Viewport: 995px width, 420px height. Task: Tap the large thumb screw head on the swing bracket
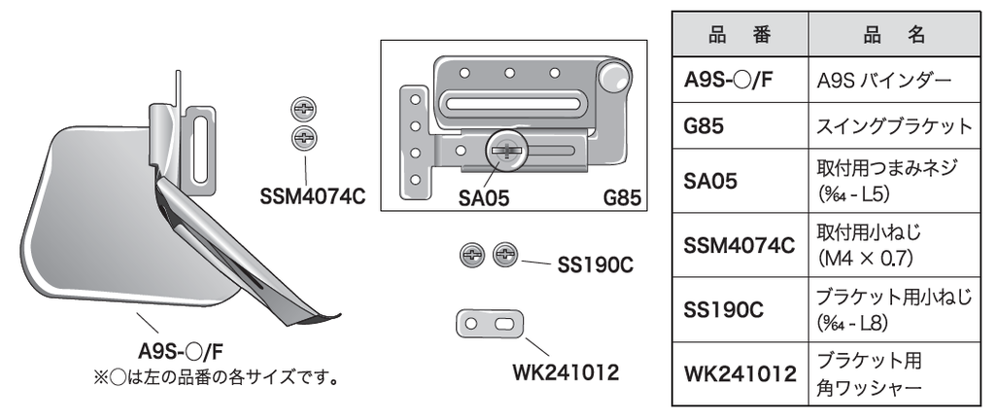pos(508,149)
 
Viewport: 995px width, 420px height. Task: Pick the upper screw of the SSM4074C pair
pos(303,109)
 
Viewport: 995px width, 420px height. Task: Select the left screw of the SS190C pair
pos(472,257)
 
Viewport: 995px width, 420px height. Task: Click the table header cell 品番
pos(738,35)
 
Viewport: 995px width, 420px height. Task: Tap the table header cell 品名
pos(894,35)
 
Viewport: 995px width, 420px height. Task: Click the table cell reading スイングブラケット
pos(894,126)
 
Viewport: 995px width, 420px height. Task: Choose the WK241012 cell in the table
pos(740,372)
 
